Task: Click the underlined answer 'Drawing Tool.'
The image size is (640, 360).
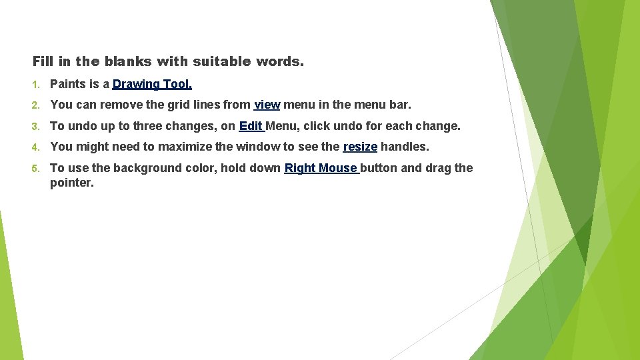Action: (x=152, y=84)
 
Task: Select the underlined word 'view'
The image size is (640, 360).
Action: (x=267, y=105)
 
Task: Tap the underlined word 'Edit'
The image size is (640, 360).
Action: (x=251, y=126)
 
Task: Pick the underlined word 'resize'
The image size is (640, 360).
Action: (x=360, y=147)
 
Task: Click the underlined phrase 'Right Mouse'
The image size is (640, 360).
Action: (x=321, y=168)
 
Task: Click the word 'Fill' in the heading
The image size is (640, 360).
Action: (x=42, y=62)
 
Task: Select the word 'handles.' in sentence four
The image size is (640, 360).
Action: (x=405, y=147)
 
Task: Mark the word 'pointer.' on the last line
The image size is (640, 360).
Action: (x=72, y=183)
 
